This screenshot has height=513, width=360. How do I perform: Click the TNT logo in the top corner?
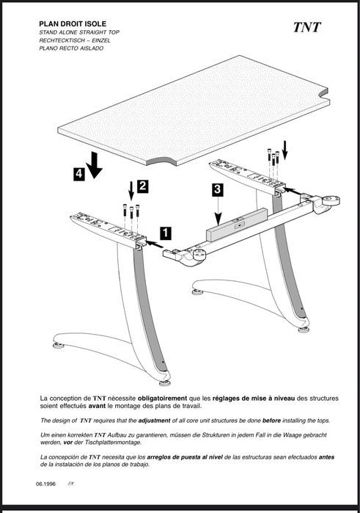306,27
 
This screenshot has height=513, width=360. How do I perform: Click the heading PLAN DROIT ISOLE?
73,24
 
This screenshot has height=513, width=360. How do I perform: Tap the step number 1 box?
166,233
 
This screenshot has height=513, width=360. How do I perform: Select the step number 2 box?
142,186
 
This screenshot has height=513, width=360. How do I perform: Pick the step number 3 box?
218,190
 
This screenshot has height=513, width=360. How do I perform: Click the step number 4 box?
78,174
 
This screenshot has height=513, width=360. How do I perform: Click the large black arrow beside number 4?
94,165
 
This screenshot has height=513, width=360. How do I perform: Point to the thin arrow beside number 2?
131,191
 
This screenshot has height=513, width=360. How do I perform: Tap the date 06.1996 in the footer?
45,484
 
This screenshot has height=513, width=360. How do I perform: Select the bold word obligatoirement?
163,399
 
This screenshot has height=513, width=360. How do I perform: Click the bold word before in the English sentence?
271,421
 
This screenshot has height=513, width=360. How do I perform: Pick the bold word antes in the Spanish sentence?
326,457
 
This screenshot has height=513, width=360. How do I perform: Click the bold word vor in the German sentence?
68,443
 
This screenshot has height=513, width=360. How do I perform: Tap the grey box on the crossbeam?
237,225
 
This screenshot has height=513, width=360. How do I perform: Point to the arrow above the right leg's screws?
284,150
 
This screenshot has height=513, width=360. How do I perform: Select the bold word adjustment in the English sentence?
154,421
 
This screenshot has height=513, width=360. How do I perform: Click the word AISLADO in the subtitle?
92,48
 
